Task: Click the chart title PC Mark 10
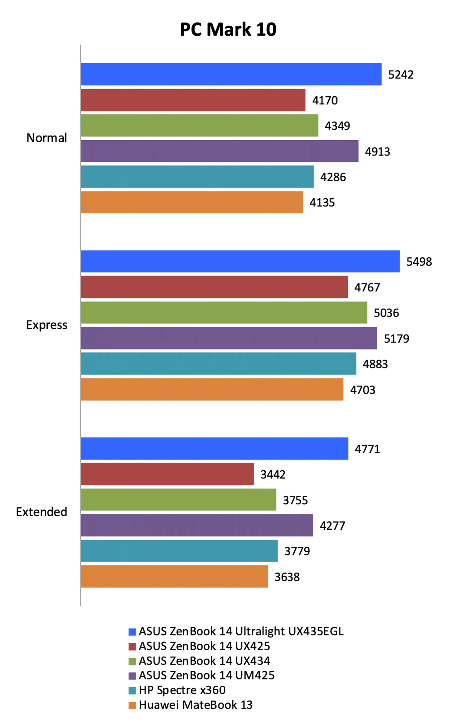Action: pos(228,29)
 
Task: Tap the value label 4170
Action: pos(325,100)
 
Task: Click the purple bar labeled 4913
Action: pos(219,151)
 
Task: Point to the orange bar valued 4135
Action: pos(192,202)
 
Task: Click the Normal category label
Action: pos(47,138)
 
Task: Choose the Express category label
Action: pos(47,325)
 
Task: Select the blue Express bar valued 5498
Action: pos(240,261)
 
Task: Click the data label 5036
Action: pos(386,313)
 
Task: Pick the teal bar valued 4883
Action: pos(218,364)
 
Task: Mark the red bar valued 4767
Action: pos(214,287)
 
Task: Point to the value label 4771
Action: pos(367,449)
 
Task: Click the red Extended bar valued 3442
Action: pos(167,474)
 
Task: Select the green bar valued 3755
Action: pos(178,500)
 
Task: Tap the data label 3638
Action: pos(287,577)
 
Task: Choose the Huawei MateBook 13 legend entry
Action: pos(196,705)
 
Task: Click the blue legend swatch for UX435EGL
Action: pos(132,632)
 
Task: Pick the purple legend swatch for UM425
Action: pos(132,676)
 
